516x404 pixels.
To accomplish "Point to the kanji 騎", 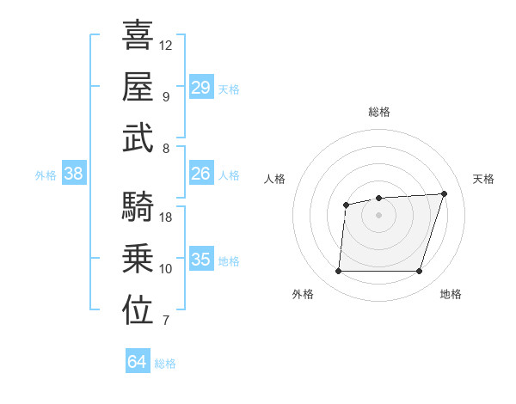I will point(138,207).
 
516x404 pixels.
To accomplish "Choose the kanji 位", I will point(138,311).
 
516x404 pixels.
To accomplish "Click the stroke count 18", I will point(167,217).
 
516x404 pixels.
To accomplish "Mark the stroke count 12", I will point(167,45).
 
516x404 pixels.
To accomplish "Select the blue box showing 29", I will point(200,88).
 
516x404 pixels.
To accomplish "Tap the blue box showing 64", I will point(138,362).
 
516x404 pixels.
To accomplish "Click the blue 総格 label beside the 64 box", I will point(166,364).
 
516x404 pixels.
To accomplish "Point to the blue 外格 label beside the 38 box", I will point(46,175).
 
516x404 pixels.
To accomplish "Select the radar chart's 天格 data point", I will point(444,193).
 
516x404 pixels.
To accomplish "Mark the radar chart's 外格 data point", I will point(338,272).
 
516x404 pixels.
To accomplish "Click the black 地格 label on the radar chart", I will point(451,294).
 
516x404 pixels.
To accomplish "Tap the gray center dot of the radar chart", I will point(378,214).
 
